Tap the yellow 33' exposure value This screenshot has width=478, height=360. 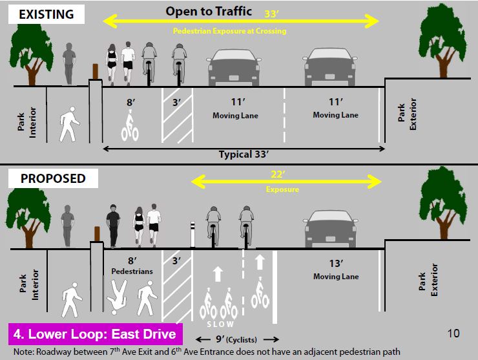click(273, 14)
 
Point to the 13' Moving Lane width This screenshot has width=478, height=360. click(326, 265)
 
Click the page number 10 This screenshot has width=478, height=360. click(453, 334)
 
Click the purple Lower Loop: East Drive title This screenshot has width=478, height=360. click(96, 335)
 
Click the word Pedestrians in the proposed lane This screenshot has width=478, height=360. click(132, 271)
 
